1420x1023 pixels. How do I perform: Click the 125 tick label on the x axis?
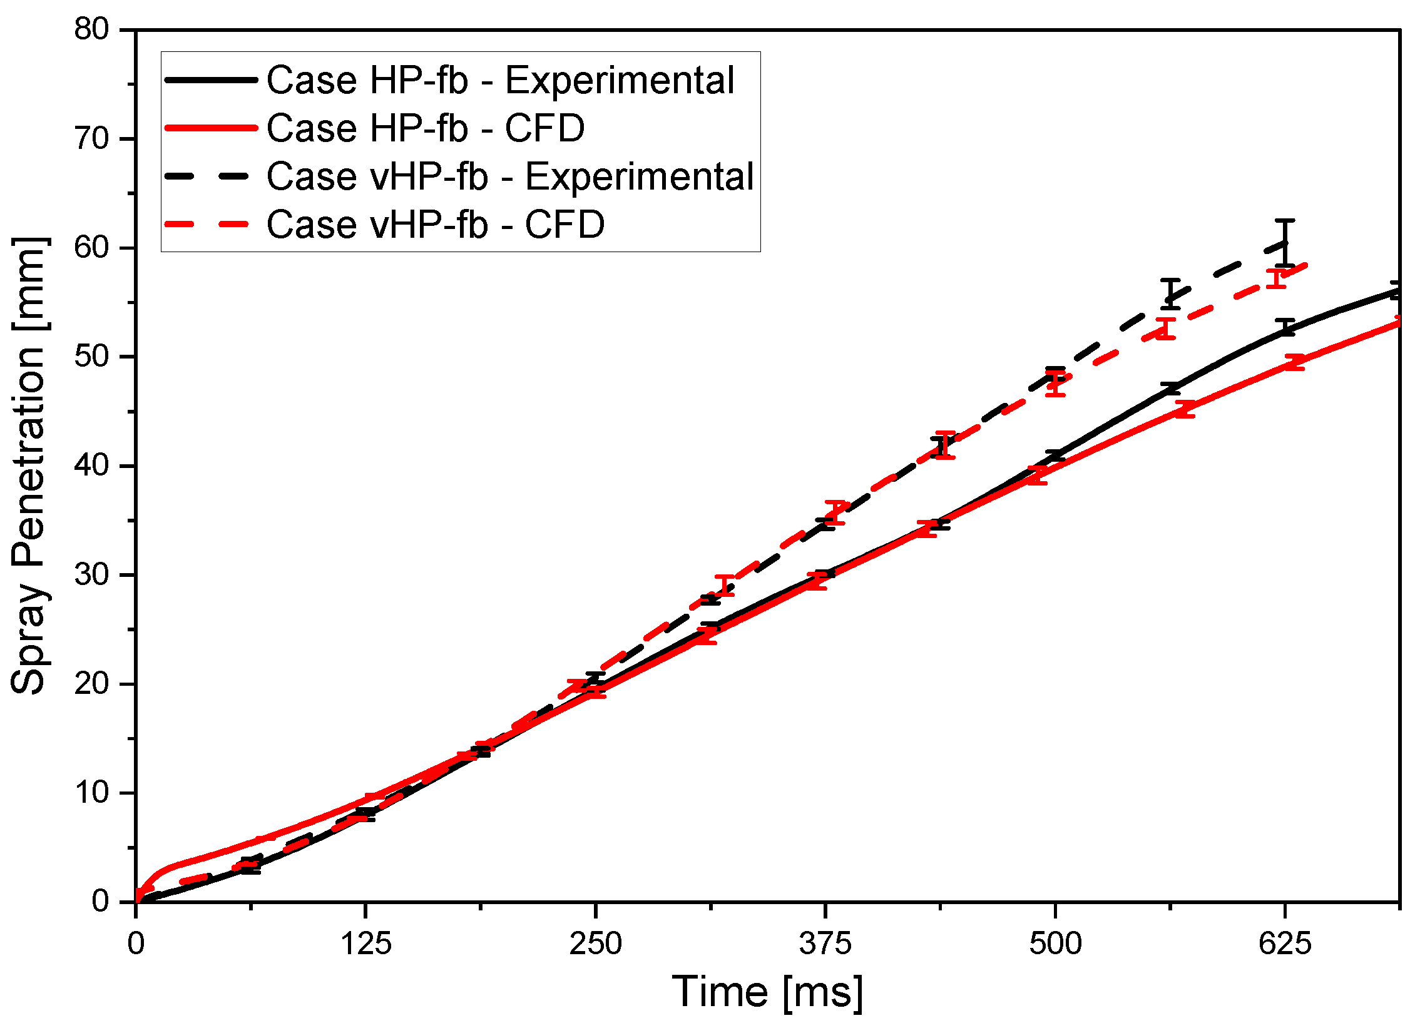click(365, 944)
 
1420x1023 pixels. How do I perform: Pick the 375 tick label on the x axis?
click(825, 944)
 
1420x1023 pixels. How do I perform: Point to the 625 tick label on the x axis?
click(1285, 944)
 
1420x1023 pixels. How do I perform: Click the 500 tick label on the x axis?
click(1055, 944)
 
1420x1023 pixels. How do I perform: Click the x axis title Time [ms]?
click(768, 992)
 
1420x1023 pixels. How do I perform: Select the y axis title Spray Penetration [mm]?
click(29, 466)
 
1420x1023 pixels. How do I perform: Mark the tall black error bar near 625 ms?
click(1285, 243)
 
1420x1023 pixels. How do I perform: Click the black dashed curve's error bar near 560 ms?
click(1170, 293)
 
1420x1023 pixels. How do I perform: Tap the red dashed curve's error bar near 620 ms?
click(1277, 278)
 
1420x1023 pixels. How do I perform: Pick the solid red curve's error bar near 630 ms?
click(1294, 362)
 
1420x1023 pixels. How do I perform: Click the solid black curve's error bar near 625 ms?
click(1285, 327)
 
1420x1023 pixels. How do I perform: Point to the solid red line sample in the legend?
click(210, 128)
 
